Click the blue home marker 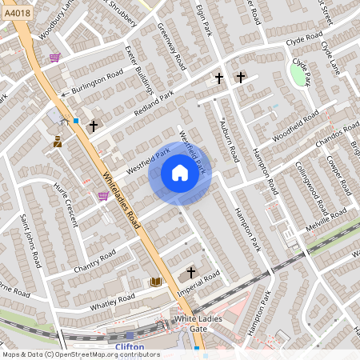pyautogui.click(x=180, y=173)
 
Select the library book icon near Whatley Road pyautogui.click(x=155, y=282)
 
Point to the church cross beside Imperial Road pyautogui.click(x=190, y=274)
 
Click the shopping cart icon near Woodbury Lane pyautogui.click(x=54, y=58)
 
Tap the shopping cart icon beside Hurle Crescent pyautogui.click(x=103, y=195)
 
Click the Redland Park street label pyautogui.click(x=154, y=107)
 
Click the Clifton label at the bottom pyautogui.click(x=130, y=346)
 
